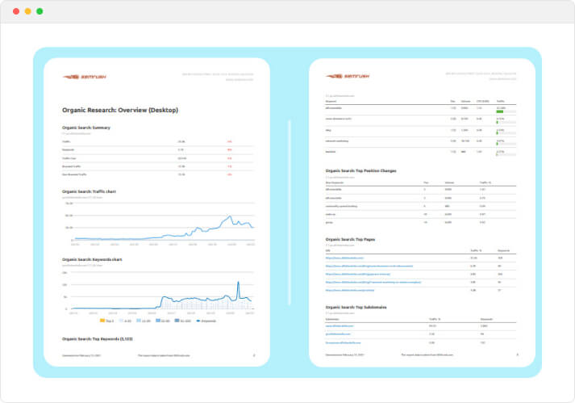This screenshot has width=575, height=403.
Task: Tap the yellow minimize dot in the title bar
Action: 27,11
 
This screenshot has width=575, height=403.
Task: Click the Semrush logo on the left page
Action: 84,78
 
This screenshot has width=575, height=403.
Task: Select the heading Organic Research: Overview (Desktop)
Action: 120,110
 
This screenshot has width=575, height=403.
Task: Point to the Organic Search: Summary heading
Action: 86,128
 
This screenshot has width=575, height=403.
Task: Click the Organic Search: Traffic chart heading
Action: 90,191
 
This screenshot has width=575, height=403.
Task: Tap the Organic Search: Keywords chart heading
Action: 92,259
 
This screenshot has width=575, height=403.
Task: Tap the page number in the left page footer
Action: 253,355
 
